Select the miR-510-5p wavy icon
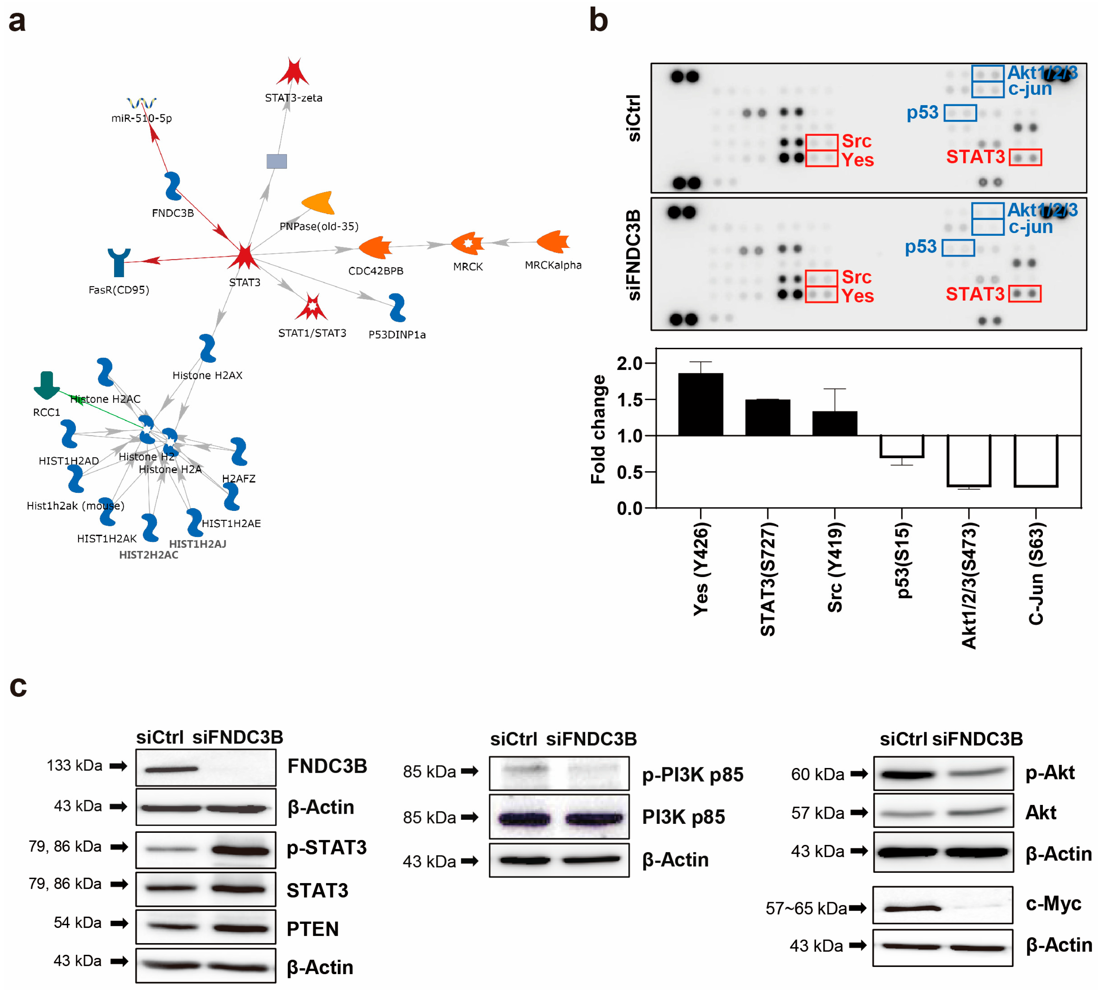pos(141,103)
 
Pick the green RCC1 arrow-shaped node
pos(47,385)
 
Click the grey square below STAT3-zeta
pos(276,161)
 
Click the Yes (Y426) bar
pos(700,404)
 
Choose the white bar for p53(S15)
pos(902,446)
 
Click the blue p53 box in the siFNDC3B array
pos(958,248)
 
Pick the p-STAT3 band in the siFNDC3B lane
pos(240,850)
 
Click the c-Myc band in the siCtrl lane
pos(912,908)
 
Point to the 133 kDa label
pos(74,765)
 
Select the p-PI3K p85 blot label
pos(692,775)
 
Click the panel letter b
pos(598,21)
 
